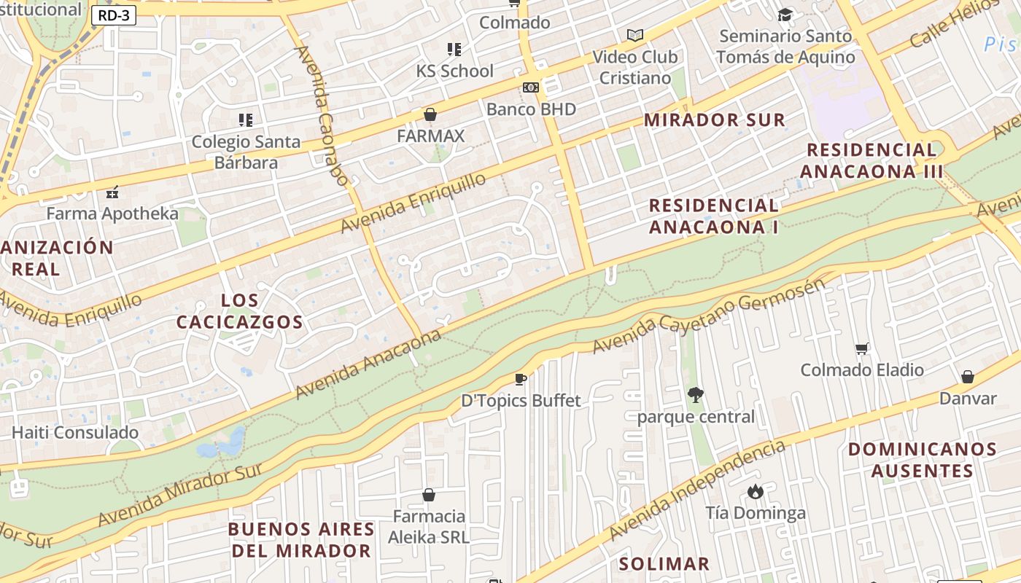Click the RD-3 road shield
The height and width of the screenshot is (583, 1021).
click(x=114, y=15)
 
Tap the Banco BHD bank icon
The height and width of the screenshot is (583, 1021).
click(x=531, y=87)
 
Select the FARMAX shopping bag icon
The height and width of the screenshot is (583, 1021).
click(x=430, y=114)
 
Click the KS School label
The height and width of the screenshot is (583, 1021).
click(x=454, y=71)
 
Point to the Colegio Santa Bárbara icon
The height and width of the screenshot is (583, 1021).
click(x=246, y=120)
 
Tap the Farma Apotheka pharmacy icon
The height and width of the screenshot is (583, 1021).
click(x=112, y=193)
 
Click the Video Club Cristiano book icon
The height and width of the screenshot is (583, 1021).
click(x=635, y=35)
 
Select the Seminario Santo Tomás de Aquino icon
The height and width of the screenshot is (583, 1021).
click(x=785, y=15)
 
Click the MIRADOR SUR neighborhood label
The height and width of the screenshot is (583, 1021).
click(x=715, y=120)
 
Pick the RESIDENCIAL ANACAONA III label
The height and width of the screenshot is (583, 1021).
click(x=871, y=161)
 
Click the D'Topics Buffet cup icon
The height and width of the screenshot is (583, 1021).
click(x=521, y=379)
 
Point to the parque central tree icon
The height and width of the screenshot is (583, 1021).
click(x=696, y=395)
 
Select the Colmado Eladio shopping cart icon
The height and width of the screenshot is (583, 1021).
click(x=861, y=349)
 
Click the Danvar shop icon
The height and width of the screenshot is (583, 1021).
click(x=968, y=377)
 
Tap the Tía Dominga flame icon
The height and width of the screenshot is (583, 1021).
click(x=756, y=492)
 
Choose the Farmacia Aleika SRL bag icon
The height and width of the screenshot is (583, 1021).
click(x=428, y=495)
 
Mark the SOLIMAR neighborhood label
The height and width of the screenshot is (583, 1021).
click(x=664, y=563)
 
